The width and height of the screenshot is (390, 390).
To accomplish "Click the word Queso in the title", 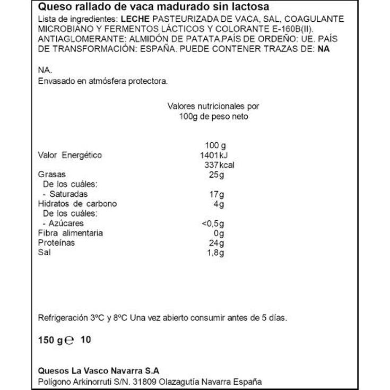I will (x=53, y=7).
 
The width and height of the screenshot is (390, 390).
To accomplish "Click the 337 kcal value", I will (x=217, y=165).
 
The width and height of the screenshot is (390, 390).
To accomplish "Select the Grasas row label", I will (x=51, y=175).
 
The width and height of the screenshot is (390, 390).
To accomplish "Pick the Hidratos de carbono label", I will (x=77, y=204).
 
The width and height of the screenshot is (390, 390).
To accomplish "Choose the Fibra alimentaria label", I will (x=71, y=233).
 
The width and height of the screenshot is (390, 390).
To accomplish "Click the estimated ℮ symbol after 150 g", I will (x=69, y=341).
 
